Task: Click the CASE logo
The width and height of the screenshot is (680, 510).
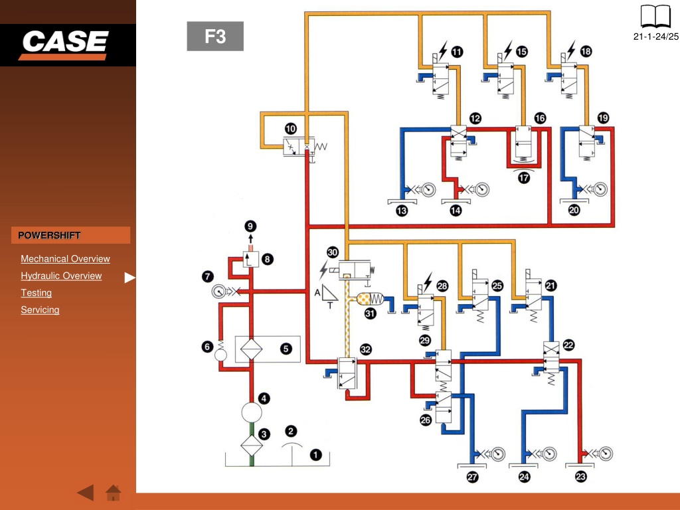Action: (64, 44)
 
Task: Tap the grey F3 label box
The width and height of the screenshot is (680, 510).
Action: (215, 36)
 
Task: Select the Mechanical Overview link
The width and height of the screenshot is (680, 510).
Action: (65, 259)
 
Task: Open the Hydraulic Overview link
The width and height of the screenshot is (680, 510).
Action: (61, 276)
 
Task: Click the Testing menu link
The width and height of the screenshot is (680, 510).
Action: (36, 293)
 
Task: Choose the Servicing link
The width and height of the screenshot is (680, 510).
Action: (40, 309)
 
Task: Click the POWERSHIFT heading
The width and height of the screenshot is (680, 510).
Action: (49, 236)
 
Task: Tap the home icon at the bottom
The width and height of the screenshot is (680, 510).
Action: (113, 493)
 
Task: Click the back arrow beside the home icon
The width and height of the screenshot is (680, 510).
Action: (86, 493)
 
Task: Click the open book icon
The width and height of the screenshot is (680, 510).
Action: (655, 17)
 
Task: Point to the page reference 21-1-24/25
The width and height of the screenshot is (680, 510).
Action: (655, 37)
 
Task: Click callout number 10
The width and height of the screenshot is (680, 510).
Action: (291, 128)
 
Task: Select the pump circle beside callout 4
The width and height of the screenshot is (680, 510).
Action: (252, 412)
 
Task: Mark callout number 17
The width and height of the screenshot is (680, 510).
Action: (524, 178)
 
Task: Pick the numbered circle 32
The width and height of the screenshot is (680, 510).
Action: (366, 349)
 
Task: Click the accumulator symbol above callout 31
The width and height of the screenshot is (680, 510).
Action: (370, 299)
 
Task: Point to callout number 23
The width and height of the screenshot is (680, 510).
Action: (580, 477)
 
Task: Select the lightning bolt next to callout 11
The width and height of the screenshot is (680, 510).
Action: (442, 50)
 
